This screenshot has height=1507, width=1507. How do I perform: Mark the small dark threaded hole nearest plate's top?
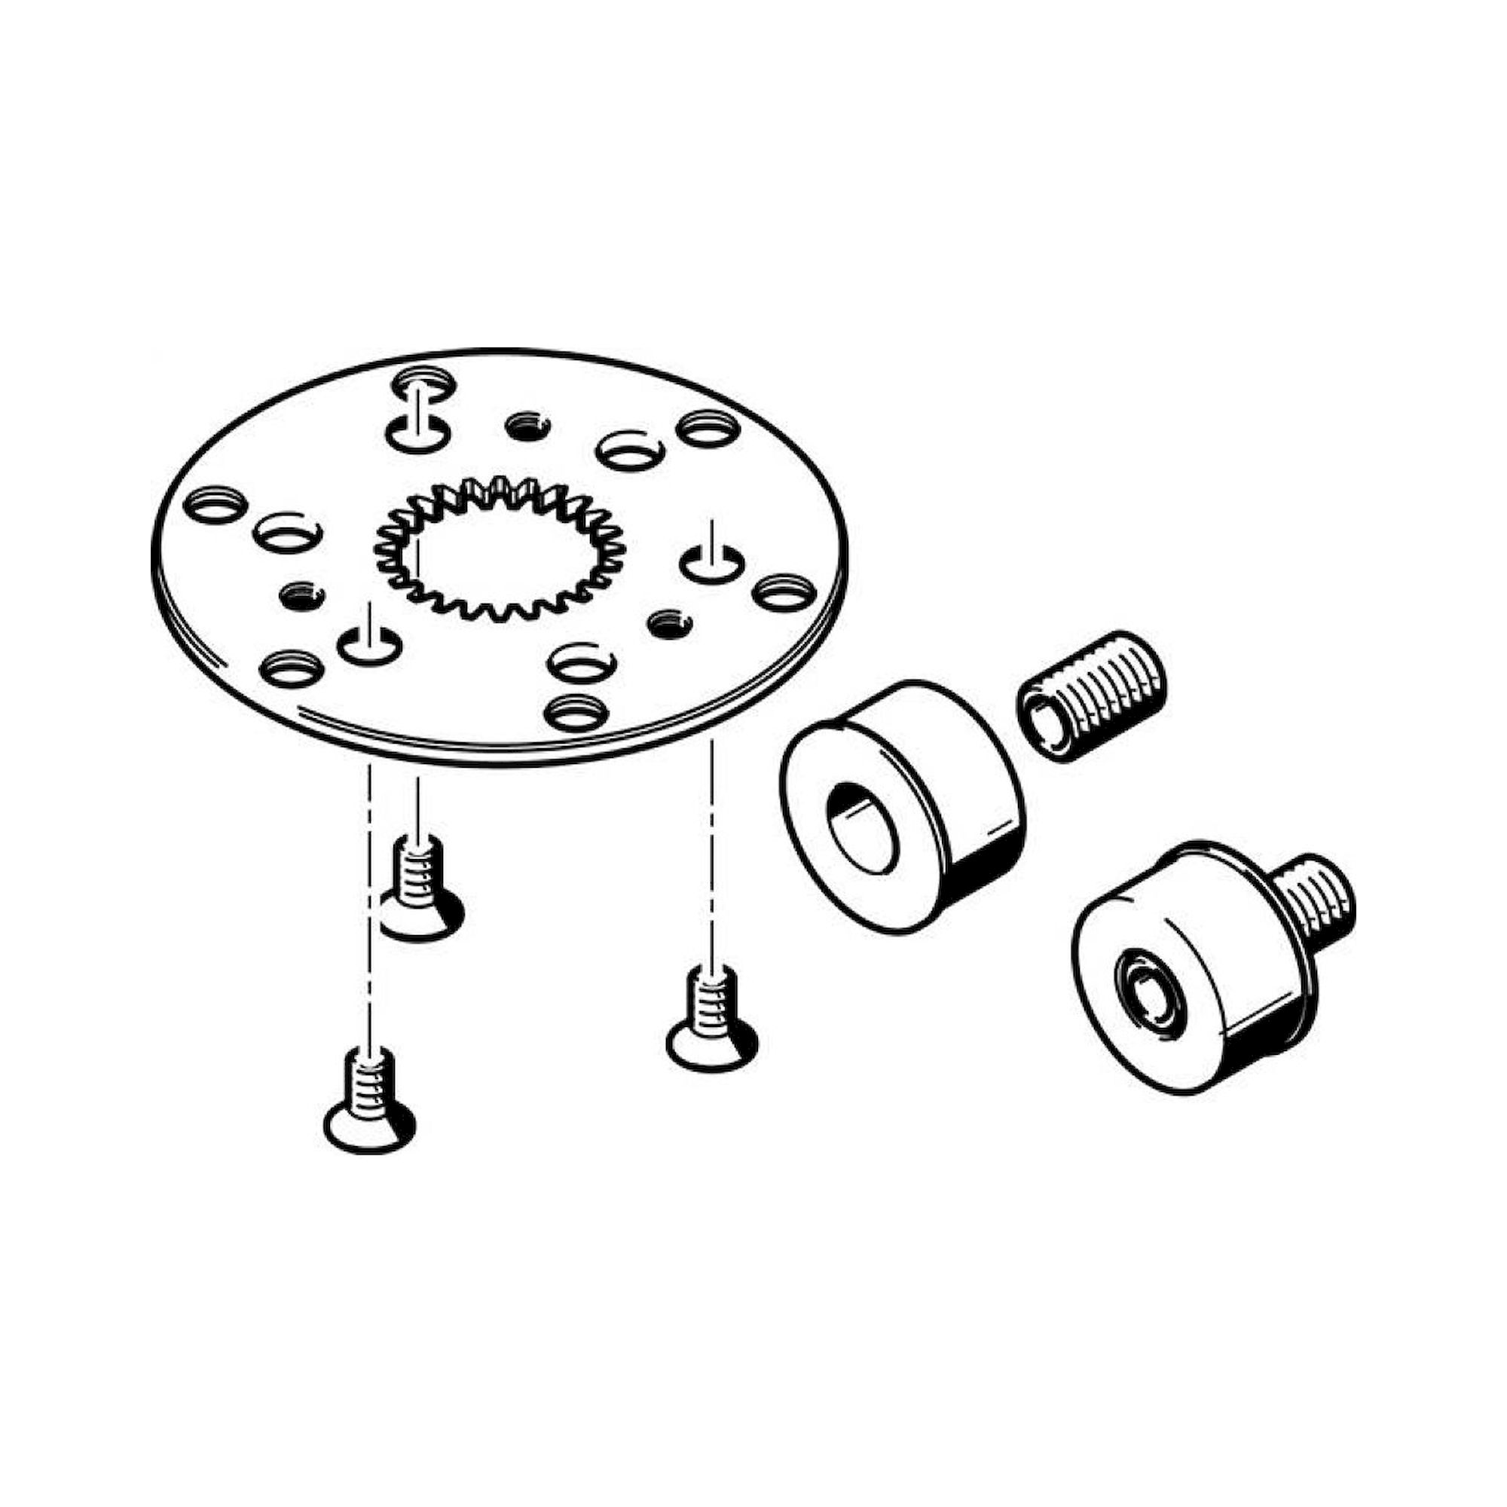(527, 426)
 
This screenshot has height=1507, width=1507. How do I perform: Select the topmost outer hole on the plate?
(423, 383)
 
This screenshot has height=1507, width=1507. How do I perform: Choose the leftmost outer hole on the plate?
(215, 504)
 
